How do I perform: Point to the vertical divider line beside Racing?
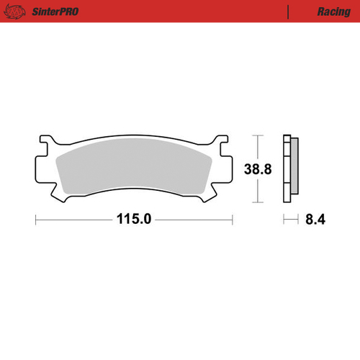tap(287, 12)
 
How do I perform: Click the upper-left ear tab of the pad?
tap(45, 140)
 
